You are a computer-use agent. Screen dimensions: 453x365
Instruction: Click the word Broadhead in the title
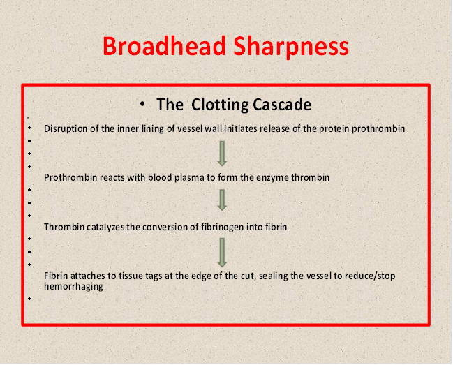pos(164,46)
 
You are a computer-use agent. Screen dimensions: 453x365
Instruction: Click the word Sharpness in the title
pos(291,47)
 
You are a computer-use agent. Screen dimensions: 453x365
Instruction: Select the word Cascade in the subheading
pos(282,105)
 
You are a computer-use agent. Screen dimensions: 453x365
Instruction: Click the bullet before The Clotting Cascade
pos(142,104)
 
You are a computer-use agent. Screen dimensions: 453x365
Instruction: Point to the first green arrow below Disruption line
pos(222,154)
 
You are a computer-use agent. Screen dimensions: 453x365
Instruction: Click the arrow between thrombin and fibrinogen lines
pos(222,200)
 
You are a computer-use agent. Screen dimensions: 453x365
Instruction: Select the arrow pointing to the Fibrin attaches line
pos(222,253)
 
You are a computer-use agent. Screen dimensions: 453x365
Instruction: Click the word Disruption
pos(66,129)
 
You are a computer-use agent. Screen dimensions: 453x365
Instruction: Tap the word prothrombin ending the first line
pos(378,129)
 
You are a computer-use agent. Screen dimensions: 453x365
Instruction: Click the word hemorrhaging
pos(73,287)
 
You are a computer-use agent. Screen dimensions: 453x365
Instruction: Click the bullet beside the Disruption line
pos(29,128)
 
